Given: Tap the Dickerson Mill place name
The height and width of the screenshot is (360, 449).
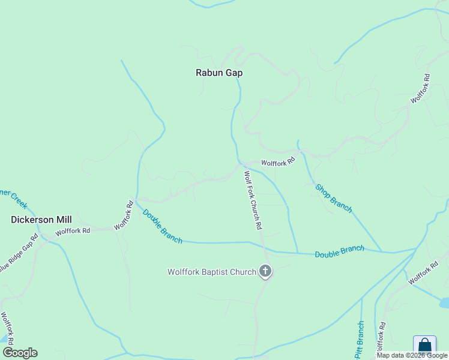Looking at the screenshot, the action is pyautogui.click(x=41, y=220).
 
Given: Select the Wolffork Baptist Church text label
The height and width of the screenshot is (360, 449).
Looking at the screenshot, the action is pyautogui.click(x=212, y=272).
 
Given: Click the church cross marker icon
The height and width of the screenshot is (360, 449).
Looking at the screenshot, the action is pyautogui.click(x=265, y=271).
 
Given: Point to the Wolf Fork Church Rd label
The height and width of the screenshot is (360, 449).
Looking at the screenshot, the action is pyautogui.click(x=253, y=201).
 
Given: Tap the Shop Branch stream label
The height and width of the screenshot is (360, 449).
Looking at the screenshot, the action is pyautogui.click(x=334, y=198).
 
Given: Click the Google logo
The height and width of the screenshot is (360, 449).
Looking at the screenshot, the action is pyautogui.click(x=20, y=353).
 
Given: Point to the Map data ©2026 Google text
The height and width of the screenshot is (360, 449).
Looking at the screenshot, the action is pyautogui.click(x=412, y=356).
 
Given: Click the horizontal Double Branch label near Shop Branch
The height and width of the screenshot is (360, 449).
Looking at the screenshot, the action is pyautogui.click(x=339, y=251).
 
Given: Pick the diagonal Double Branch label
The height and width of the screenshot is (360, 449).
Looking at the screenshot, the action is pyautogui.click(x=162, y=226).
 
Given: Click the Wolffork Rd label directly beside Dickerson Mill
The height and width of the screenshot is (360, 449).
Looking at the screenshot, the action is pyautogui.click(x=73, y=230).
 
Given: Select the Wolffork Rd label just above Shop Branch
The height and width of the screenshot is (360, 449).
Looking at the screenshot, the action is pyautogui.click(x=278, y=162).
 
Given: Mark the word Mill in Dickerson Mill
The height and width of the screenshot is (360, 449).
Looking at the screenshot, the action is pyautogui.click(x=63, y=220).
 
